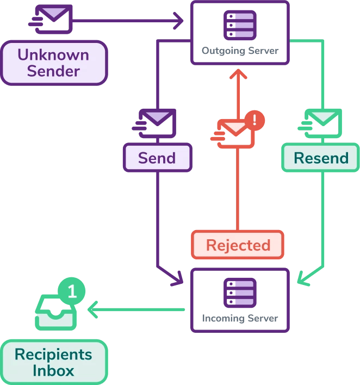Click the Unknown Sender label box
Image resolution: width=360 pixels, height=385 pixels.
(x=54, y=63)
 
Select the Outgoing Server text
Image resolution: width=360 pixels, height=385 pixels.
(x=240, y=51)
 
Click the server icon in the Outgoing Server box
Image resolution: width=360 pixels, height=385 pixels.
(x=239, y=24)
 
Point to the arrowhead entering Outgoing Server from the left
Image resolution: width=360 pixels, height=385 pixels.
(x=179, y=22)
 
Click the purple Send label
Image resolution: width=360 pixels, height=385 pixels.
(x=157, y=158)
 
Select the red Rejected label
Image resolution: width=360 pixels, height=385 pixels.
(x=238, y=245)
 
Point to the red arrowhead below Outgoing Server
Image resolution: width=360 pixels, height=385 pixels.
(x=237, y=74)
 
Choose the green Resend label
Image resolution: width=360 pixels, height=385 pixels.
(x=321, y=158)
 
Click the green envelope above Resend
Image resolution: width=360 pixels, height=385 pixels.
(x=321, y=122)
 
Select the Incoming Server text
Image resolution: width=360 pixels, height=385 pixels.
(x=240, y=319)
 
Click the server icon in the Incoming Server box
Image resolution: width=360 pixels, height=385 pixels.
(x=239, y=292)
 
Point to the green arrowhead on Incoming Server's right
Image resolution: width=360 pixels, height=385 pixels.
(x=302, y=280)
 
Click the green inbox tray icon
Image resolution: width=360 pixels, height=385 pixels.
(x=55, y=312)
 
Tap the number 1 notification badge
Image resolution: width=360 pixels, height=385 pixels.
(x=72, y=291)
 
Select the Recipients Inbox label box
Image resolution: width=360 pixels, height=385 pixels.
(x=54, y=362)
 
